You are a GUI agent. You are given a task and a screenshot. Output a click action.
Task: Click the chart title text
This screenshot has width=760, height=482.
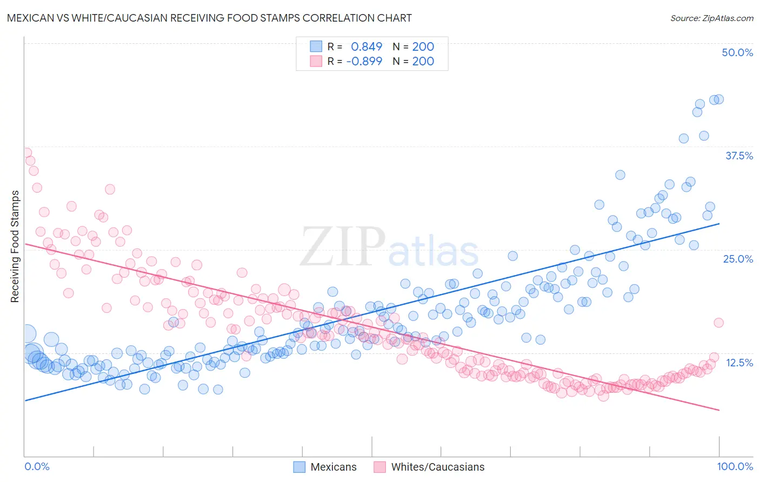209,18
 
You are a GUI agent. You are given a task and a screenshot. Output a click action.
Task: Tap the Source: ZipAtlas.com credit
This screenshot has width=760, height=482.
711,18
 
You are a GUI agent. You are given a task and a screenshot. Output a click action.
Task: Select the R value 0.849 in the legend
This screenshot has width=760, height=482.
366,46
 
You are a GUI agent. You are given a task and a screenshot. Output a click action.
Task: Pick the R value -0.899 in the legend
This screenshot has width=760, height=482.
364,61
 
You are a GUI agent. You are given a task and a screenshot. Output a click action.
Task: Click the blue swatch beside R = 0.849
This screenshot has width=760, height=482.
316,46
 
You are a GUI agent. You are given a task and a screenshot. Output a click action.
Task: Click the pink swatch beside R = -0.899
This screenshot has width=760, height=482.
316,61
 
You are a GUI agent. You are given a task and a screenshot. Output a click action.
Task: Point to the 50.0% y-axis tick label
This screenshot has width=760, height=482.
737,52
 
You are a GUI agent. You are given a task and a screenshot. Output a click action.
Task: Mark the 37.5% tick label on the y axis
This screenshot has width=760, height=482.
739,156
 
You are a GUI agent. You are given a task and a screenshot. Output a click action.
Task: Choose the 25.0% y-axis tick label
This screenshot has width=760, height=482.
738,259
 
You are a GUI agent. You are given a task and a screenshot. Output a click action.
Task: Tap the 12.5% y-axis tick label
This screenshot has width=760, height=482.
739,362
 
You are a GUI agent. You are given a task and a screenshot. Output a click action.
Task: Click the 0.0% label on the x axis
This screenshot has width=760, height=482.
37,466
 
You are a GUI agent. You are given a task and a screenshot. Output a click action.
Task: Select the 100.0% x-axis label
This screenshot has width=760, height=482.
735,466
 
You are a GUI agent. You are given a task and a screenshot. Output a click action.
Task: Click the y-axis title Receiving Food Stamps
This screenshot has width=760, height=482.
15,246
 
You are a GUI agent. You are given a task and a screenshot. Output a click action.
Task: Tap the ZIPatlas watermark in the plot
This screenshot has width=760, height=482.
389,247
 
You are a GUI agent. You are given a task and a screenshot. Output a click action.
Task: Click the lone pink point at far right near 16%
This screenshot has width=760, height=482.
718,323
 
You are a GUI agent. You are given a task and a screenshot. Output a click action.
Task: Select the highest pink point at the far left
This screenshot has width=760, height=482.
25,153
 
